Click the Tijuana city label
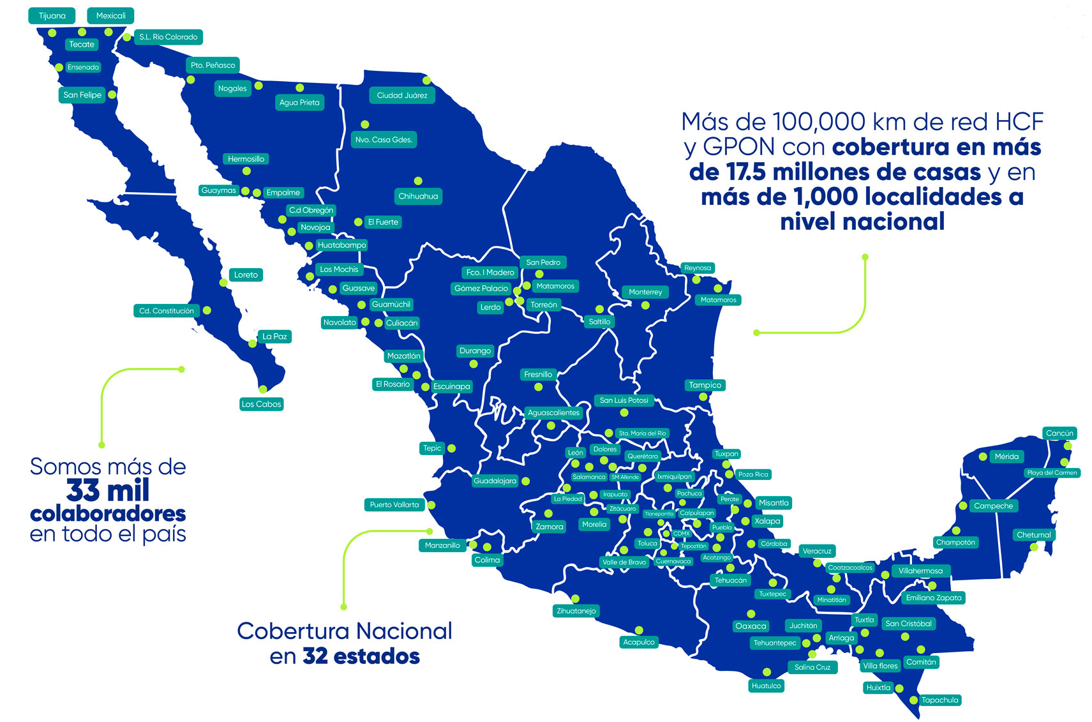tap(52, 16)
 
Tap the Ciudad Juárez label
tap(402, 96)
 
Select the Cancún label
tap(1059, 433)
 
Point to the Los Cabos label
tap(261, 404)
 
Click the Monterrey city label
tap(645, 292)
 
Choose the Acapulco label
tap(639, 642)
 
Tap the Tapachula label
tap(939, 700)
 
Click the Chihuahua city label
tap(418, 197)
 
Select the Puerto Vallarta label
tap(394, 505)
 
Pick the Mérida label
tap(1006, 457)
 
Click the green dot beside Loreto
tap(223, 282)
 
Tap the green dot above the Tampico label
tap(703, 397)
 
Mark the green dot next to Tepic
tap(452, 449)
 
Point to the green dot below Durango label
tap(474, 364)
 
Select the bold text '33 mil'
tap(108, 491)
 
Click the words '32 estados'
tap(361, 656)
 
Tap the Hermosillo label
tap(246, 159)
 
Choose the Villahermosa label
tap(920, 571)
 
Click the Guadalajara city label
tap(495, 481)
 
